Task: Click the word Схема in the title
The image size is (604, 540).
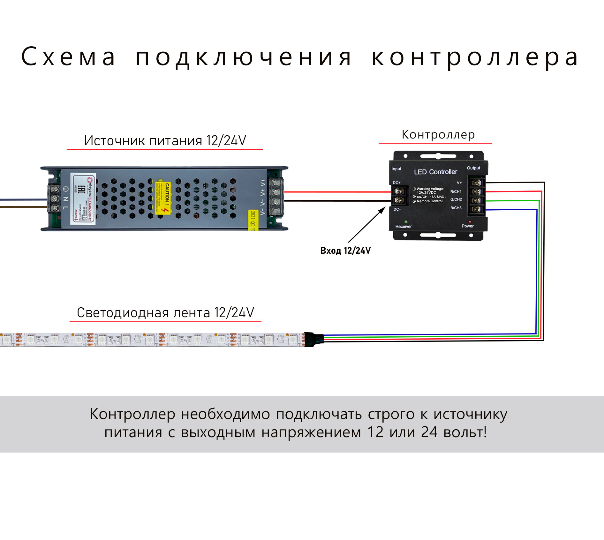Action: click(68, 57)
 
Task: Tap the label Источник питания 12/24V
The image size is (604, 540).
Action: click(165, 141)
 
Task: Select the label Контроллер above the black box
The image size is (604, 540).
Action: click(438, 135)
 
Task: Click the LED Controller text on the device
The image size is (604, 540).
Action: click(435, 172)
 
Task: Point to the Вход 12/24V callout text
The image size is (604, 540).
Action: click(345, 251)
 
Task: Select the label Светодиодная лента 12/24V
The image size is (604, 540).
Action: click(165, 313)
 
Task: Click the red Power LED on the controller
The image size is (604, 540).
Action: click(470, 222)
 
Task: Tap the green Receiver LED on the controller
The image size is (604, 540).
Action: click(406, 221)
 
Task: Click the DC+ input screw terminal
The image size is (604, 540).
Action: click(399, 191)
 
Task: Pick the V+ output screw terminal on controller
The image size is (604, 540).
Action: click(477, 183)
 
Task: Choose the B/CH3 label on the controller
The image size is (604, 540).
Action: click(456, 208)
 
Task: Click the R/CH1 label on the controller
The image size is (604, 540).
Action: click(456, 191)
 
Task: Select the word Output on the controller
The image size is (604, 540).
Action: click(473, 168)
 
